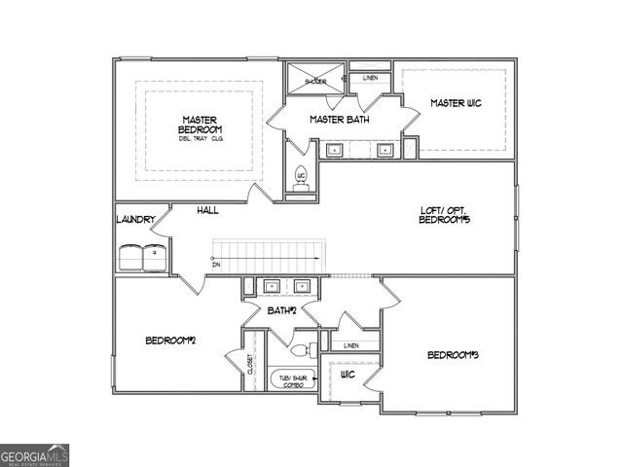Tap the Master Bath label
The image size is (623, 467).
(338, 120)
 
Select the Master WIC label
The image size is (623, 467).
(456, 103)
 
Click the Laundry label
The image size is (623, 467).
(134, 220)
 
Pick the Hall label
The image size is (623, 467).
(207, 210)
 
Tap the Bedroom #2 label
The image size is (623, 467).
(171, 340)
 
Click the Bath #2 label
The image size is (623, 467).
(281, 310)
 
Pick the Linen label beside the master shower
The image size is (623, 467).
(371, 78)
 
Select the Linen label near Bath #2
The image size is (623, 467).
(350, 345)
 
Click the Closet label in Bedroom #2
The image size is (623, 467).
(250, 365)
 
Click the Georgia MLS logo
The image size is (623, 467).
(35, 454)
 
